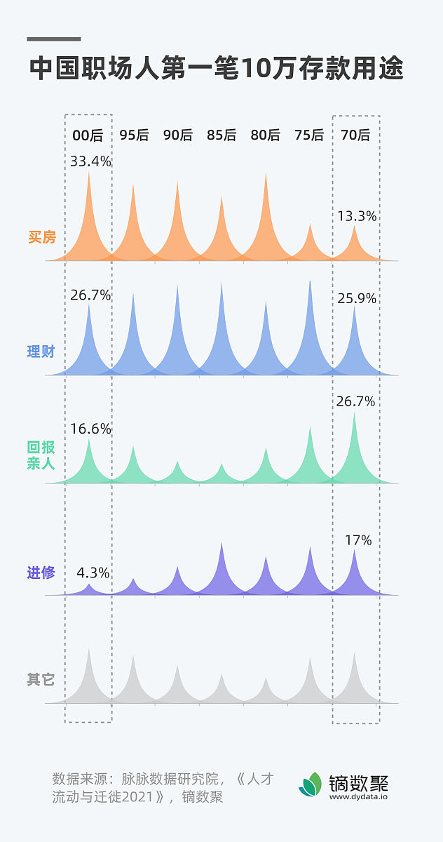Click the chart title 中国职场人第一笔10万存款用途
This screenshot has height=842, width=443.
[217, 69]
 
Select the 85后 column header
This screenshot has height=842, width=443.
[221, 135]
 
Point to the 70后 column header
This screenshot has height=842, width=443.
[355, 135]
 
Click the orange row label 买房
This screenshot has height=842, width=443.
[41, 237]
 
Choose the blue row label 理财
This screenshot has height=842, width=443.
[41, 352]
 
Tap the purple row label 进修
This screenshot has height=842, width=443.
[41, 573]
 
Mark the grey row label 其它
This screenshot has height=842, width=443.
[41, 680]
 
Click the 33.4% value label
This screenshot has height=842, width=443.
[90, 161]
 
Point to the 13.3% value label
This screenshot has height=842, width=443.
[357, 217]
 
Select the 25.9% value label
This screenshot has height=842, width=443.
[357, 298]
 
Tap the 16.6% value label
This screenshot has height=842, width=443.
[90, 429]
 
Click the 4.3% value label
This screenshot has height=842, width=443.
[93, 573]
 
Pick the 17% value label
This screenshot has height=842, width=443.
[358, 540]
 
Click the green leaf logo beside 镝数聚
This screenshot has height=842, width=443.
[311, 784]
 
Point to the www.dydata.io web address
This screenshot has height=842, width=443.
[358, 796]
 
